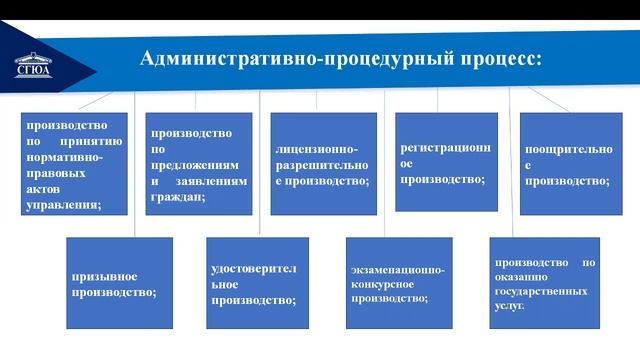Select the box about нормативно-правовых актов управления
pyautogui.click(x=75, y=163)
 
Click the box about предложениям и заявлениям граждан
pyautogui.click(x=199, y=163)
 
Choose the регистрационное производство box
pyautogui.click(x=446, y=161)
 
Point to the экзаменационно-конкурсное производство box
pyautogui.click(x=397, y=283)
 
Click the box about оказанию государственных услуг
pyautogui.click(x=544, y=283)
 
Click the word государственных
pyautogui.click(x=545, y=291)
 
